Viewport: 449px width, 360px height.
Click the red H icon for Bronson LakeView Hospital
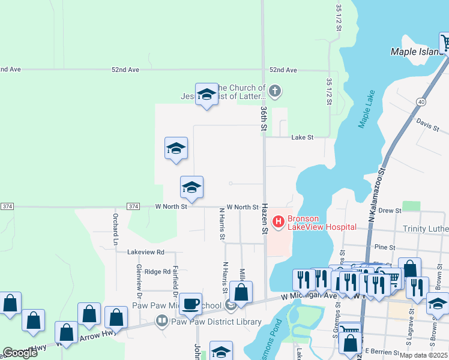coord(279,222)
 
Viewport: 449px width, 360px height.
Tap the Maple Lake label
coord(366,111)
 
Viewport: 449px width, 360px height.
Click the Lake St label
coord(303,138)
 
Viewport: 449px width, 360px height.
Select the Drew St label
coord(390,211)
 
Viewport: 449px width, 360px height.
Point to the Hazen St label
coord(264,218)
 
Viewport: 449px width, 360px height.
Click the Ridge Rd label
coord(157,272)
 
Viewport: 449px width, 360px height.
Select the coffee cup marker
coord(190,304)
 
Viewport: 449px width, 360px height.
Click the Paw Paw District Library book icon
coord(162,322)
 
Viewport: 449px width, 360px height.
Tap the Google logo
coord(20,353)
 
